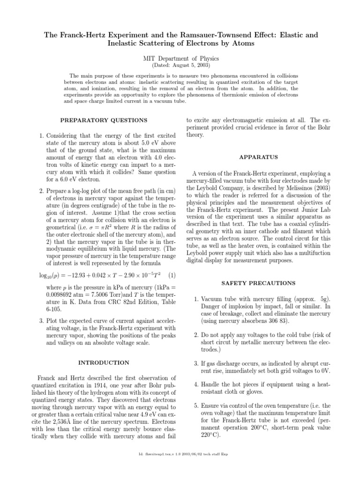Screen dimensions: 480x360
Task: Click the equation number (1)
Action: tap(172, 274)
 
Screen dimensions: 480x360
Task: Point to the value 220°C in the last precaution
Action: tap(211, 435)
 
